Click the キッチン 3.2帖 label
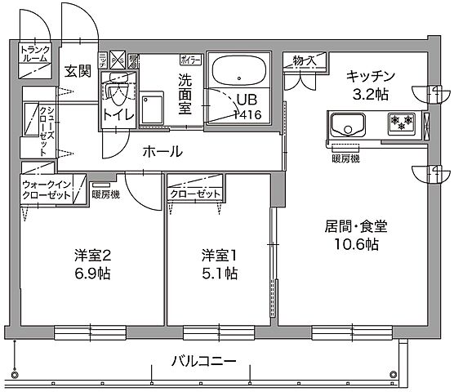click(371, 84)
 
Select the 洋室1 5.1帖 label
click(220, 264)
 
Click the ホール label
click(162, 151)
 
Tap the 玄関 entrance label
click(78, 70)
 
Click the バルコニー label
click(203, 360)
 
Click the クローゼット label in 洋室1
click(195, 194)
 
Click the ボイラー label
click(190, 59)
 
